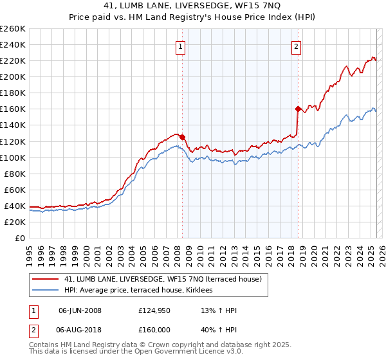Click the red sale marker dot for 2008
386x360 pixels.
tap(182, 137)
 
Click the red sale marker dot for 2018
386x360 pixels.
tap(298, 109)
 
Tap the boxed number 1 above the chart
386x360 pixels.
tap(180, 46)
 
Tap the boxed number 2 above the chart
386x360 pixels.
tap(296, 46)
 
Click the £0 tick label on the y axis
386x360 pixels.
tap(21, 238)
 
